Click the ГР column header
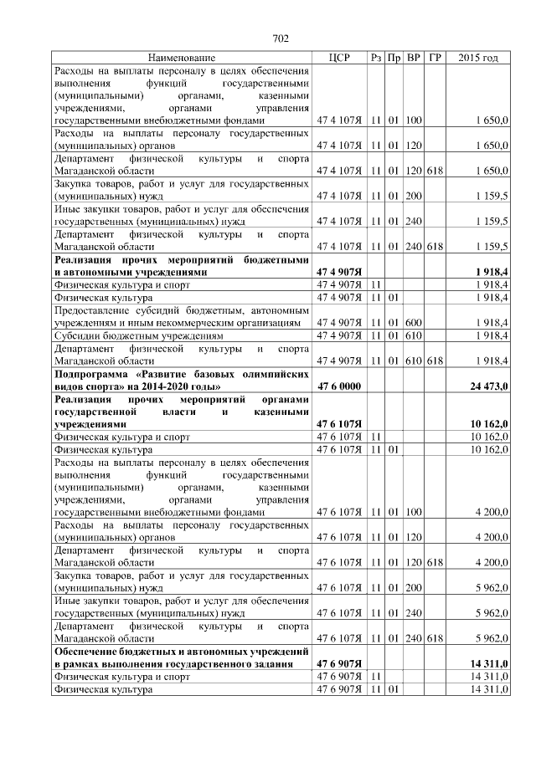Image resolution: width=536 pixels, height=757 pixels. [435, 58]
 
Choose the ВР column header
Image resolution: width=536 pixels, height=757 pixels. [413, 58]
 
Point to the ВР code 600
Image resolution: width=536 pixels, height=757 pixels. [413, 322]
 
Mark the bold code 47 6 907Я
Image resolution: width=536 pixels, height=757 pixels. [339, 664]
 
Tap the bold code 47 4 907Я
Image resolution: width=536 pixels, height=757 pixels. [339, 272]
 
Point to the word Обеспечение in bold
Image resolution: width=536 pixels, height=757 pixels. [87, 652]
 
